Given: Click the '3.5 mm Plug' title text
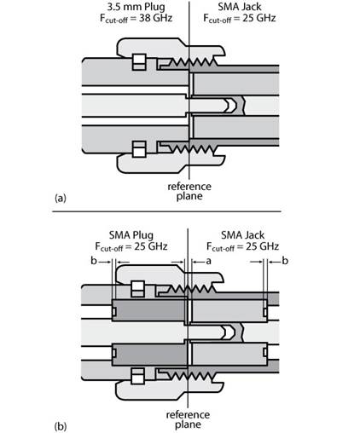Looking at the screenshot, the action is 136,7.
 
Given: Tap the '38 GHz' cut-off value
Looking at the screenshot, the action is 155,18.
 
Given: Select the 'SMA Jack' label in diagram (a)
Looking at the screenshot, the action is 240,7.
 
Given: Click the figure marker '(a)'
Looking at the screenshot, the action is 61,198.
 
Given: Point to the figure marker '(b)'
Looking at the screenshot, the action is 61,426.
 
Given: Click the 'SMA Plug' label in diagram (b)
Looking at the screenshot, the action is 131,235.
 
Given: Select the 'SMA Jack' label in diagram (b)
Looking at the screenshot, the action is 242,235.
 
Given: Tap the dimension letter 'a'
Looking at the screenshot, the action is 208,261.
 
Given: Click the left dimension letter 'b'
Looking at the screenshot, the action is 94,260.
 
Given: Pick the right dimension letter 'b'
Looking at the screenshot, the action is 285,260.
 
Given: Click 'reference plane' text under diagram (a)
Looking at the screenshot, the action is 189,191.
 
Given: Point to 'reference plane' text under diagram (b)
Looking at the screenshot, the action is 188,419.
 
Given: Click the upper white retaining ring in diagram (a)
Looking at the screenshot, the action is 139,61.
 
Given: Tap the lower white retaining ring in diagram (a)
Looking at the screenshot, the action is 139,149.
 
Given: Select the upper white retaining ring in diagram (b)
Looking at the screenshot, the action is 137,289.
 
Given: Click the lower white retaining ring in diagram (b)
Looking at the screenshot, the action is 137,376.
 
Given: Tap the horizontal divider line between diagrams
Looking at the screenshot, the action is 166,211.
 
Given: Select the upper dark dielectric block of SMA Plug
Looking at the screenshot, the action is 148,310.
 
